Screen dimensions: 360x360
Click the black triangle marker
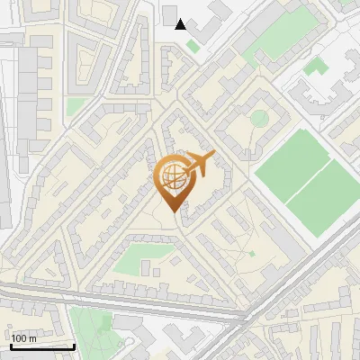point(181,24)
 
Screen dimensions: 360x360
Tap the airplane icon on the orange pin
point(200,163)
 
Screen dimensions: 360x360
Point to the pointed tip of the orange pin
point(175,211)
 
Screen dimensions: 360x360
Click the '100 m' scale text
point(24,337)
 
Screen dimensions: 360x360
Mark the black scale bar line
point(42,346)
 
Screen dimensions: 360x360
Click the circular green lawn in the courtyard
point(259,119)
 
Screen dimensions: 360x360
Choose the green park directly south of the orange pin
point(139,258)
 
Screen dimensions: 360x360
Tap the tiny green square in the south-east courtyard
point(252,254)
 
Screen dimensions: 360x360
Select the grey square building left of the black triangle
point(170,13)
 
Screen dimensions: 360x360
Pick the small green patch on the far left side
point(76,106)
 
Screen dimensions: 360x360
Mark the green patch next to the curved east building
point(314,67)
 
